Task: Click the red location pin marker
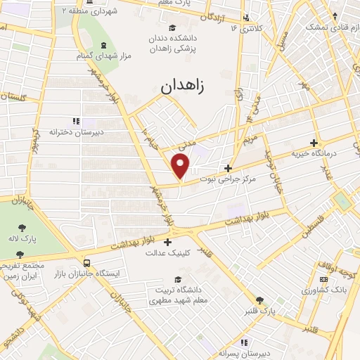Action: pyautogui.click(x=181, y=166)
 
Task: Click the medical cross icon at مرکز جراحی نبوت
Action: pyautogui.click(x=227, y=168)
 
